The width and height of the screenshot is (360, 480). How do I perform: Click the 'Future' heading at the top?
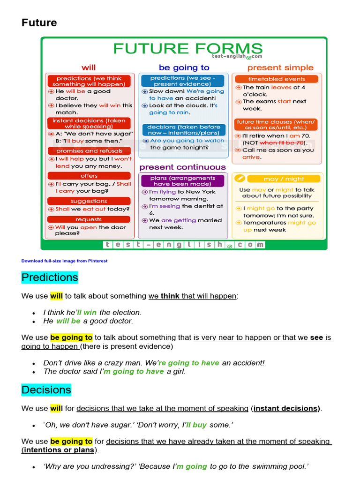pos(39,22)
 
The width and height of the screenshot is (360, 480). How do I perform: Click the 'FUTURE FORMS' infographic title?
pos(187,49)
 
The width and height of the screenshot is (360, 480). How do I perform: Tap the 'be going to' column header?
pos(184,67)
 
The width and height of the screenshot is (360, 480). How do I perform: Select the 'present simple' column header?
pos(280,67)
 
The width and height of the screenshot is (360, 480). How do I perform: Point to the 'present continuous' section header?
pos(182,167)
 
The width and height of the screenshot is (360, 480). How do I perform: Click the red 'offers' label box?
pos(89,176)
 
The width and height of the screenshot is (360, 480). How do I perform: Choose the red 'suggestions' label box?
pos(89,201)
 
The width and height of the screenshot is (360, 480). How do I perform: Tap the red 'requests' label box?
pos(89,219)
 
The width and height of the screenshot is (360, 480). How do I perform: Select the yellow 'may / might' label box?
pos(284,179)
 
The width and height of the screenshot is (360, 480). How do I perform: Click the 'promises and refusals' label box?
pos(89,151)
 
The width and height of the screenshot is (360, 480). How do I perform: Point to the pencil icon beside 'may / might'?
pos(239,179)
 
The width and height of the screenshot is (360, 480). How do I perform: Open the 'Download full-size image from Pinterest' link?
pos(64,261)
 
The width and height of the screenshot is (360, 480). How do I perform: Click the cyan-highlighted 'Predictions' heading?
pos(50,277)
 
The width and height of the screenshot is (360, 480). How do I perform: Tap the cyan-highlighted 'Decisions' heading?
pos(46,390)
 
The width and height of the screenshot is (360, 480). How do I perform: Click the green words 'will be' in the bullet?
pos(68,321)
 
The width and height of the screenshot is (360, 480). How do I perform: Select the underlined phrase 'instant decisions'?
pos(286,408)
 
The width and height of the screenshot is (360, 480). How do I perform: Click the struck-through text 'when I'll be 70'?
pos(281,143)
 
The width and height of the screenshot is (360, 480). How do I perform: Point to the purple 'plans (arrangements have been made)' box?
pos(183,181)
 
